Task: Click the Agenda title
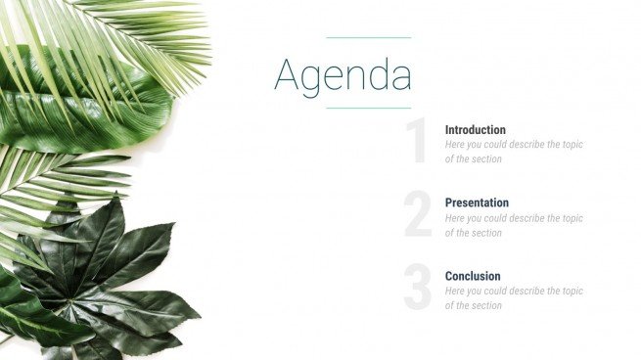click(343, 74)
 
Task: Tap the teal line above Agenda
click(368, 37)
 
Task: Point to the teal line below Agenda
click(368, 108)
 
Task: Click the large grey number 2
click(418, 216)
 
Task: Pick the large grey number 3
click(418, 290)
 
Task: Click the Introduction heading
click(475, 129)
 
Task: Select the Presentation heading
click(477, 202)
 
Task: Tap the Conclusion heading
click(473, 276)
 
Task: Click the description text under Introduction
click(513, 152)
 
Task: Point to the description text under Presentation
click(513, 225)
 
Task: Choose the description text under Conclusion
click(513, 298)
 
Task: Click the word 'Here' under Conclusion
click(455, 291)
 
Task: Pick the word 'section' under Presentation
click(485, 233)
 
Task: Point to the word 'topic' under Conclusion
click(572, 291)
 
